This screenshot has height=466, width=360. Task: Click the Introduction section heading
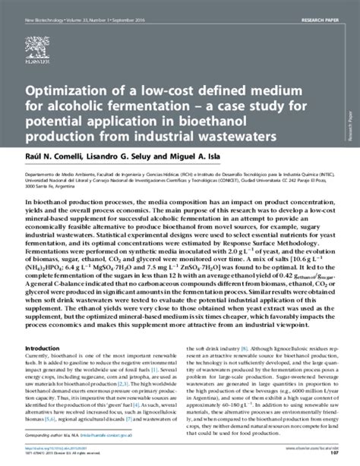tap(47, 328)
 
